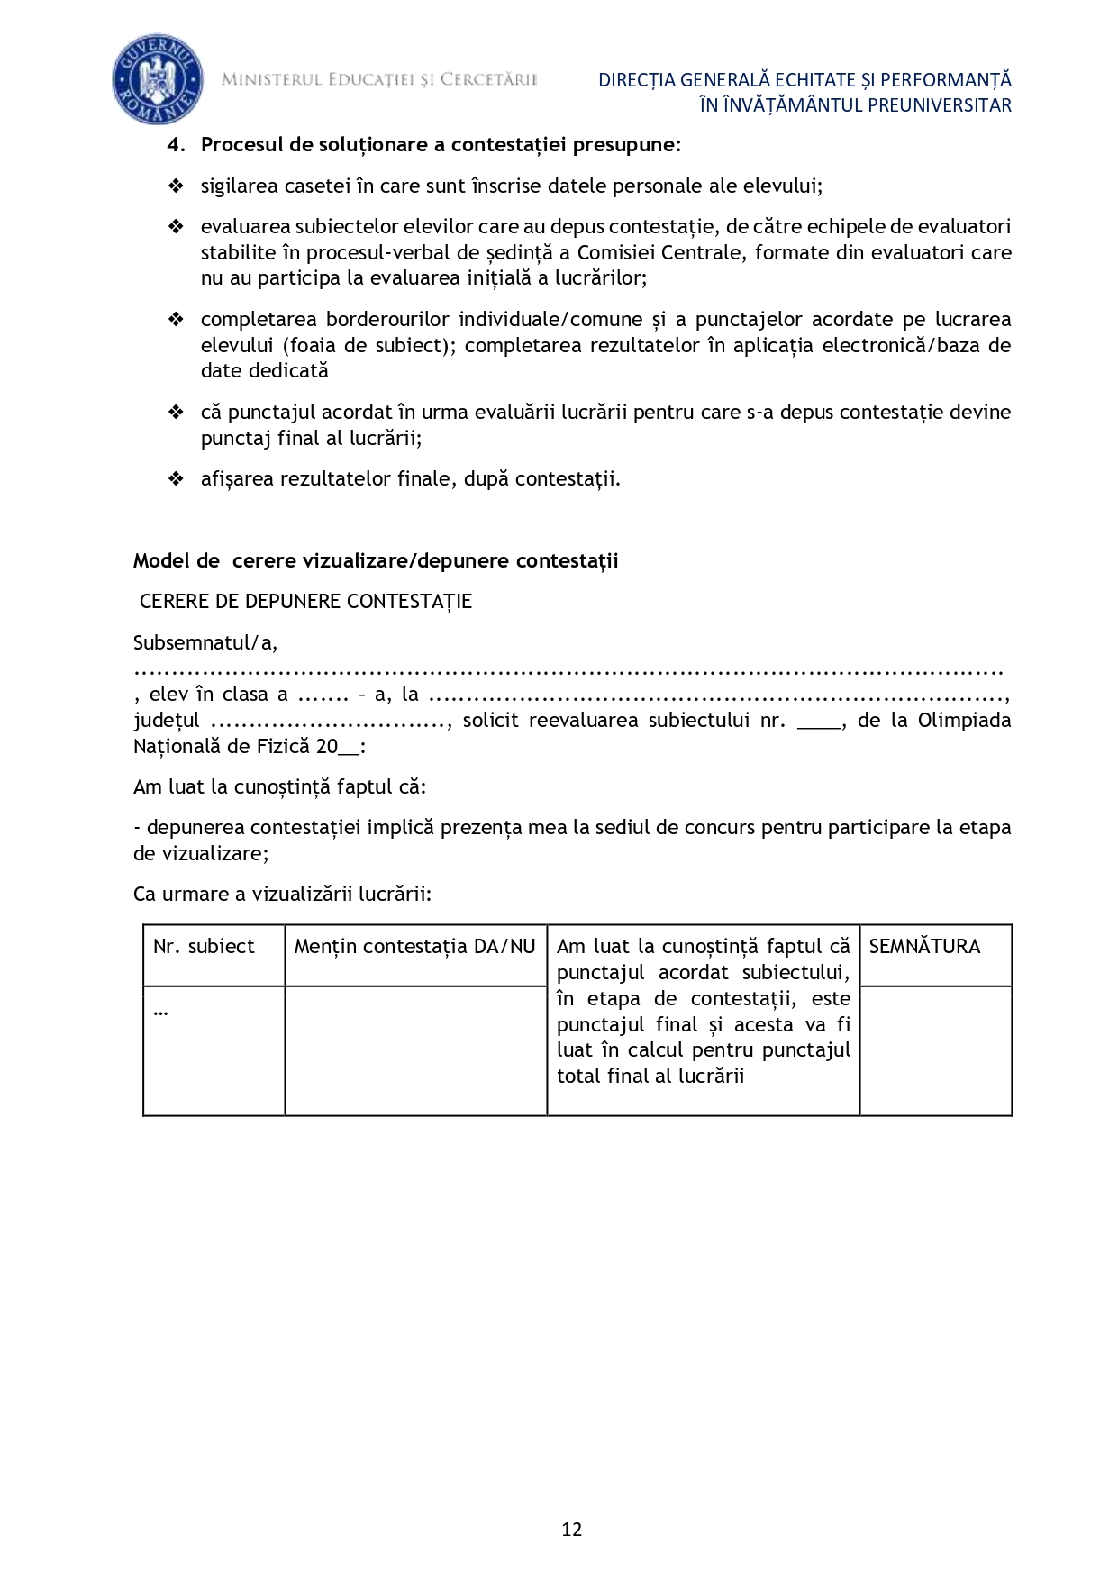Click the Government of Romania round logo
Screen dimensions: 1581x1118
coord(157,81)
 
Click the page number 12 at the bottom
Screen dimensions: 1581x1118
coord(571,1529)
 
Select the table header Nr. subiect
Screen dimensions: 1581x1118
coord(205,946)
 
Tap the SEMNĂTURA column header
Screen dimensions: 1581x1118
coord(924,946)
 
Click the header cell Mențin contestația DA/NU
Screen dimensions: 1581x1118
coord(414,946)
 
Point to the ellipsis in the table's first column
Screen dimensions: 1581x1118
coord(161,1011)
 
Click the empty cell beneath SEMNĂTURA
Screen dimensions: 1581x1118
coord(935,1049)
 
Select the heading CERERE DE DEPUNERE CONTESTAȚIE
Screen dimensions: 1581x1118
coord(305,602)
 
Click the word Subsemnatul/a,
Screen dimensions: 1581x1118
coord(205,642)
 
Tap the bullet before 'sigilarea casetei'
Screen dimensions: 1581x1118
coord(176,186)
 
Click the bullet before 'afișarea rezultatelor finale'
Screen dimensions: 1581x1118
coord(176,479)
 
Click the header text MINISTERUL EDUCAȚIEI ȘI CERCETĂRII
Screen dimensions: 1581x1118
coord(379,80)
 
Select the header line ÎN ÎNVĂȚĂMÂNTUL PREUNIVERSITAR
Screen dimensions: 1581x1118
coord(855,105)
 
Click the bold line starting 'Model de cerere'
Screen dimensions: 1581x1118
coord(376,560)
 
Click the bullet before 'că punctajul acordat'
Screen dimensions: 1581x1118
coord(176,413)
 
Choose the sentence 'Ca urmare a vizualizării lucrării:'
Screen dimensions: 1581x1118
coord(282,894)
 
